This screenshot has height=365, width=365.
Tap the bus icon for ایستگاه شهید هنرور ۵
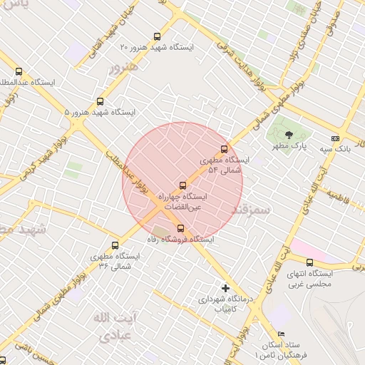[x=100, y=102]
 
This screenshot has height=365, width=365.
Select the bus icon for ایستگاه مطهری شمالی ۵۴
[x=224, y=149]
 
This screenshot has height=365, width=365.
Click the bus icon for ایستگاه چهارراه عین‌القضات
[x=182, y=185]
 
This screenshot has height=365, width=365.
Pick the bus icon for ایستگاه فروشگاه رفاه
[x=180, y=229]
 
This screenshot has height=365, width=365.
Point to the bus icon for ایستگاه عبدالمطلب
[x=19, y=71]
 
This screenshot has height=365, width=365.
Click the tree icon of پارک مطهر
[x=288, y=134]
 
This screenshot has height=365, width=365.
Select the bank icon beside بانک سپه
[x=335, y=138]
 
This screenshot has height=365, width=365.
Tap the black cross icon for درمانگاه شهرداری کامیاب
[x=226, y=289]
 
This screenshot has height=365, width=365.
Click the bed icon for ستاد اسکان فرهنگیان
[x=281, y=334]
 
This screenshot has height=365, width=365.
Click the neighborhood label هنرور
[x=123, y=68]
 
